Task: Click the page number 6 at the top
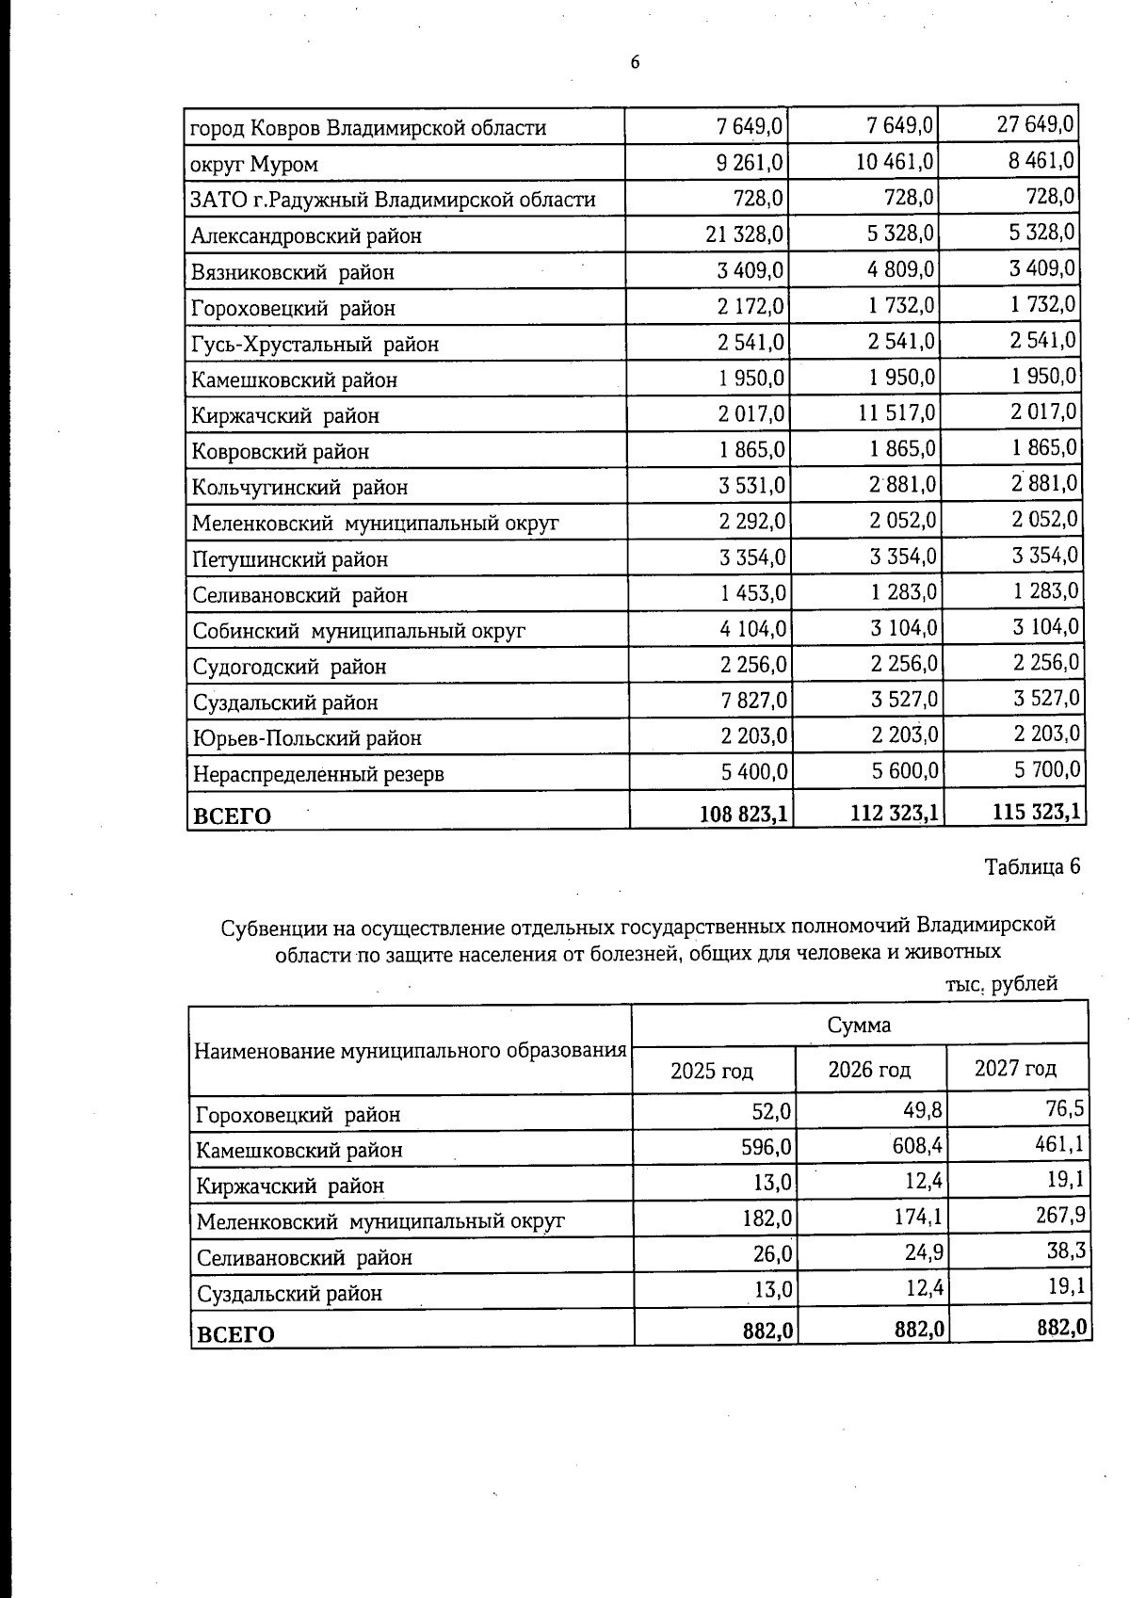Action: click(x=635, y=63)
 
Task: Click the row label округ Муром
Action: click(x=254, y=164)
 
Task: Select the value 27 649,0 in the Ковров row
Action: click(x=1035, y=124)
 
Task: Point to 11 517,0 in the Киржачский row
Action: click(x=892, y=413)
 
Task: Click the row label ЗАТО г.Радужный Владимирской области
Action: click(x=393, y=200)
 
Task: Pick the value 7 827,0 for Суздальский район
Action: click(x=754, y=701)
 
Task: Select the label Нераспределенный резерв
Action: click(x=318, y=774)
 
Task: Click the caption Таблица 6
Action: click(x=1032, y=867)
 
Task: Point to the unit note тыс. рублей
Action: click(x=1001, y=984)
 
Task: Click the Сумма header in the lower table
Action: click(x=859, y=1025)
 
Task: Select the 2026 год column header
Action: click(x=869, y=1070)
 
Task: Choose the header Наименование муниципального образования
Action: click(x=411, y=1051)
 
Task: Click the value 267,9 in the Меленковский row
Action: click(x=1060, y=1216)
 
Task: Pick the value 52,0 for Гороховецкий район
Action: click(x=771, y=1112)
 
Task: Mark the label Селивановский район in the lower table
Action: click(x=304, y=1257)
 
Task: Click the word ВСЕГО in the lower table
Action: click(x=234, y=1333)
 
